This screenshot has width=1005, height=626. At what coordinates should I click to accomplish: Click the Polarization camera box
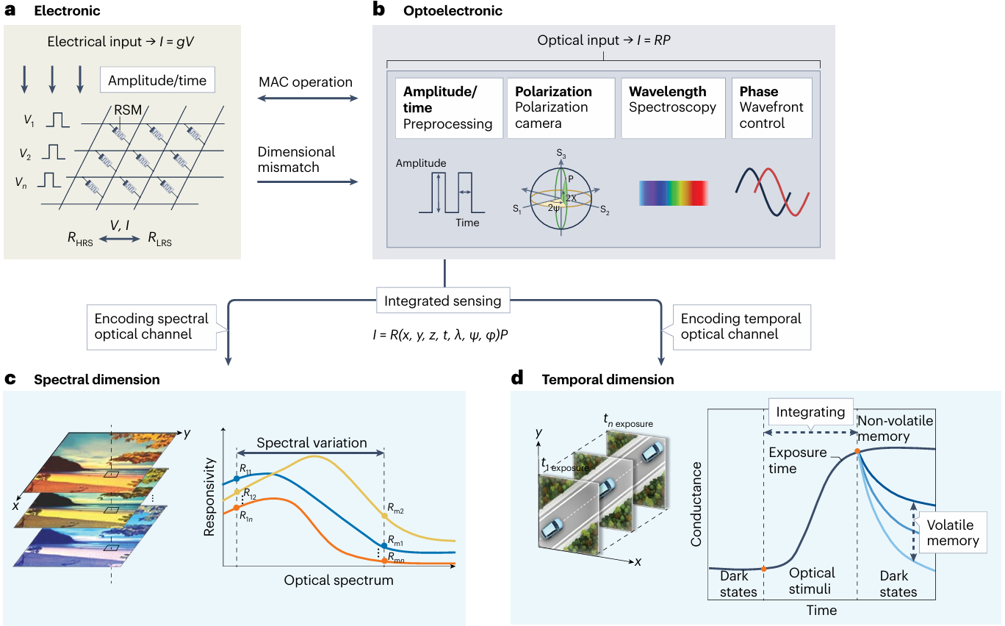click(x=559, y=107)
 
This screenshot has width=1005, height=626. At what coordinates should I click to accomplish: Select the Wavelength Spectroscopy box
click(x=671, y=107)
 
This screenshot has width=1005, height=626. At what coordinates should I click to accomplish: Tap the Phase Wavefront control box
click(x=771, y=107)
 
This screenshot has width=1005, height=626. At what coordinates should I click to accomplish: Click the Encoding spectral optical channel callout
click(x=152, y=326)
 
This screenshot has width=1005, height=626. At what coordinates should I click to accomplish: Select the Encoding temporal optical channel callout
click(x=741, y=326)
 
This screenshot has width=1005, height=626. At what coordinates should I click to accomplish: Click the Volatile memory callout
click(x=952, y=533)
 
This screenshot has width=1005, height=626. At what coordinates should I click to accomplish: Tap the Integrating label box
click(x=810, y=413)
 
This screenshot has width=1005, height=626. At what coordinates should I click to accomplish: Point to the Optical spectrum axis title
click(x=339, y=580)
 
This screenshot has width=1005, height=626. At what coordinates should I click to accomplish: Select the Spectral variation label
click(x=311, y=443)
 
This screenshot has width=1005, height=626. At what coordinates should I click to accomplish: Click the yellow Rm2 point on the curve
click(x=384, y=516)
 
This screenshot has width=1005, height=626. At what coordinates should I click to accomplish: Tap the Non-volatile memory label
click(x=895, y=428)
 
